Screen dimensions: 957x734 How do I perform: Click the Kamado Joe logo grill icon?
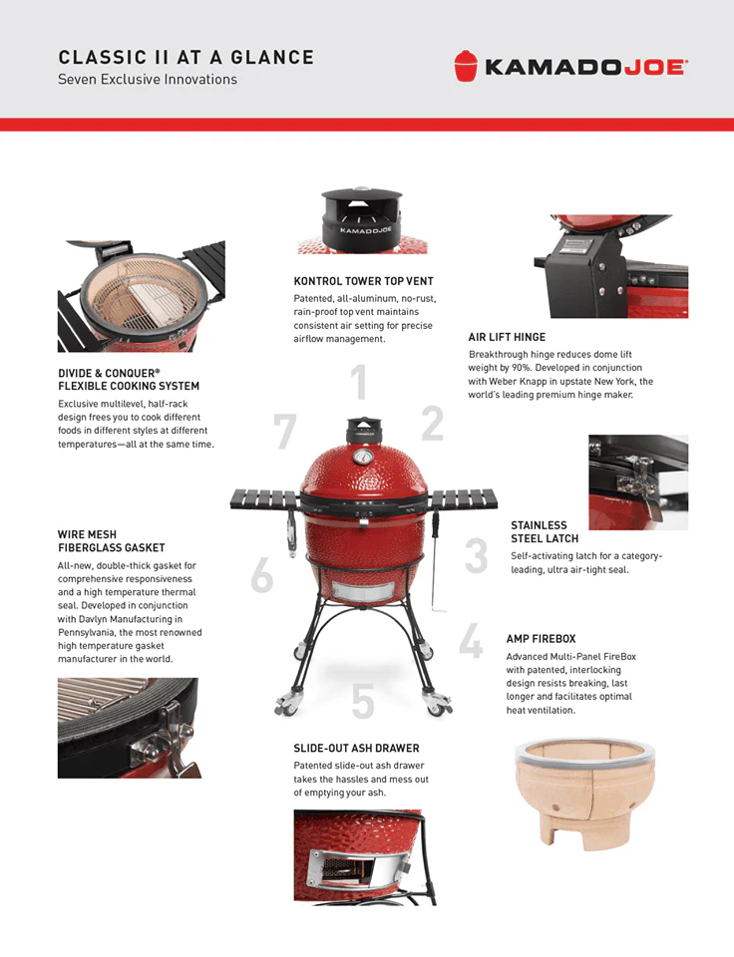coord(465,66)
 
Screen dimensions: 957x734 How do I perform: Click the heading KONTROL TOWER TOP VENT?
coord(363,281)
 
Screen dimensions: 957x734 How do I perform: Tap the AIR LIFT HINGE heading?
coord(507,337)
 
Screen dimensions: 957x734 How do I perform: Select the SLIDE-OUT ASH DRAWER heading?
coord(356,748)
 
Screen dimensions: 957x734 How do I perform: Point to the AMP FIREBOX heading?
coord(540,639)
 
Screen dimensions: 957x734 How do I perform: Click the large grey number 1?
coord(359,384)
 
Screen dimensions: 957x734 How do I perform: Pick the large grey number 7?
coord(285,431)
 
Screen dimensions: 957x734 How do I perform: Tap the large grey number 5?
coord(363,702)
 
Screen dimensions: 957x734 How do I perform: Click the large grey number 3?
coord(476,556)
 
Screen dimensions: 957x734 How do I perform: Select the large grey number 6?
coord(261,575)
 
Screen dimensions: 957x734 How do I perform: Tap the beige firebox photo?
coord(568,792)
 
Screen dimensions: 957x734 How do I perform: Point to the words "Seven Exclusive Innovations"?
coord(148,80)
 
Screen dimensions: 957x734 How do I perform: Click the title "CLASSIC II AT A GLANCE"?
coord(185,57)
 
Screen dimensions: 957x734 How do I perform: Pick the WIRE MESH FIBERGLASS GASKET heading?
coord(111,541)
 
